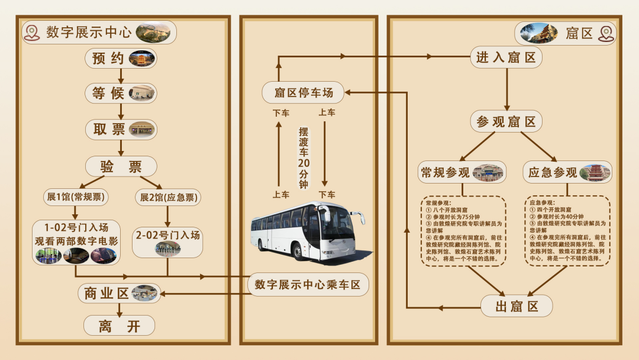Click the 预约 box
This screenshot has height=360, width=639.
[x=121, y=59]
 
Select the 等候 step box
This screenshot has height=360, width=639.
[x=121, y=93]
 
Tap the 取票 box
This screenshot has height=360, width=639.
[x=121, y=130]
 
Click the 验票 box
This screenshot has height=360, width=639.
[x=121, y=166]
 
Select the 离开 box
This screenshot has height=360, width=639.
[x=119, y=326]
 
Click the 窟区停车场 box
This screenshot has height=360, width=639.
[x=303, y=92]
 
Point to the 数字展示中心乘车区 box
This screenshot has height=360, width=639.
[x=308, y=285]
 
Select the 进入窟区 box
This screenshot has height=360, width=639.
[x=506, y=57]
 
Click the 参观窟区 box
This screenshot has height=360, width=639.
[x=506, y=122]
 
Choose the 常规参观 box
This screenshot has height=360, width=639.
[x=461, y=172]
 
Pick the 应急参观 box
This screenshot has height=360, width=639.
[x=567, y=172]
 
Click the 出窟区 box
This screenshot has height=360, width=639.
[x=517, y=306]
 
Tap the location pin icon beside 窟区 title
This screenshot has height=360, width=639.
[x=605, y=33]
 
